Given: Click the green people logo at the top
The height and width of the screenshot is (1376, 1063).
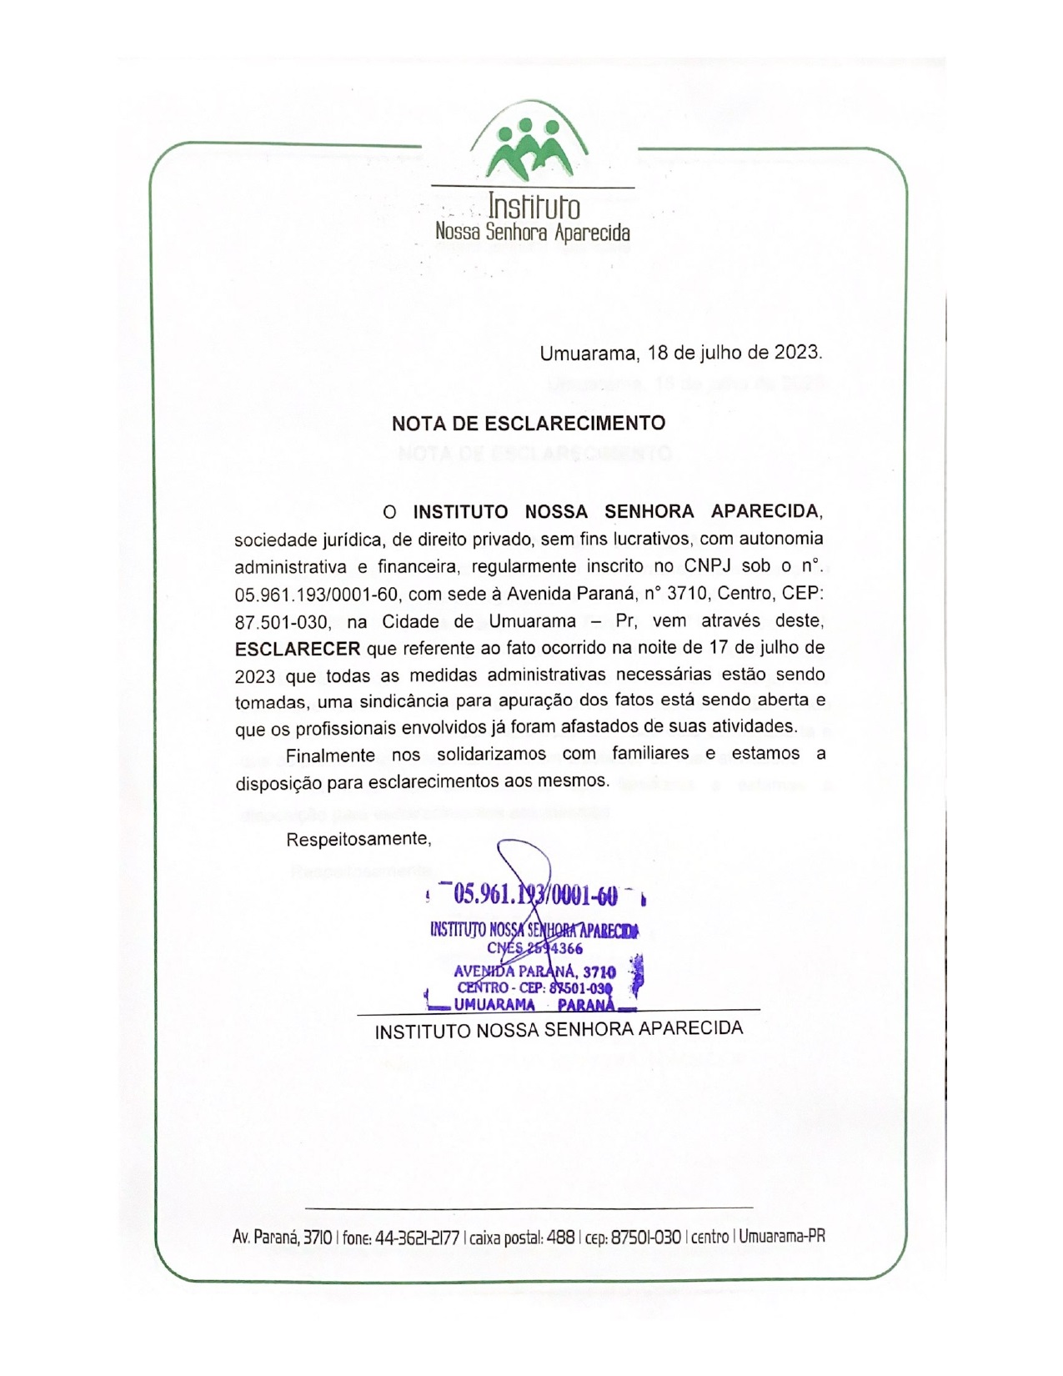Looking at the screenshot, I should click(x=529, y=148).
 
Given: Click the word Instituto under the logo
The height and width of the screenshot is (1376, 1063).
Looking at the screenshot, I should click(x=534, y=206).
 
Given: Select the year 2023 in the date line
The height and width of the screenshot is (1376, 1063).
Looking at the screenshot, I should click(x=796, y=353).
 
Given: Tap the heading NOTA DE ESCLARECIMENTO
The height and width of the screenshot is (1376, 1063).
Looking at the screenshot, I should click(x=529, y=424).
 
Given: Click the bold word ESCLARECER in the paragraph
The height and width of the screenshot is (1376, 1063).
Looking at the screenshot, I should click(x=298, y=648).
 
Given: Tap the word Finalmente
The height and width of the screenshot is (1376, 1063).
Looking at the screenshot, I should click(x=330, y=755).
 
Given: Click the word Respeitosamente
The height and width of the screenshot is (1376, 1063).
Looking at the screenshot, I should click(x=359, y=840).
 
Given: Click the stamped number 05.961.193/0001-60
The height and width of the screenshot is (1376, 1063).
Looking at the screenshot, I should click(x=535, y=895).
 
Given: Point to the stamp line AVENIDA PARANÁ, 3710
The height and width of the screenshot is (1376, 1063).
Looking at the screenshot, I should click(x=534, y=972).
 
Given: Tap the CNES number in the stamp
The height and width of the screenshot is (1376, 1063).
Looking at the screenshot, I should click(x=534, y=948).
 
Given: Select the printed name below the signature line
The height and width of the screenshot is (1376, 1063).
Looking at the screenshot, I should click(x=559, y=1029).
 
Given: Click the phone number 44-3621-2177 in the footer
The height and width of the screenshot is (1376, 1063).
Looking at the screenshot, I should click(x=417, y=1238).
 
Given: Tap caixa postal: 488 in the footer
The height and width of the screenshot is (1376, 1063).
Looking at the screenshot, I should click(x=522, y=1238).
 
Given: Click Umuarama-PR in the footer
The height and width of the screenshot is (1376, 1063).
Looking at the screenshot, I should click(x=781, y=1237).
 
